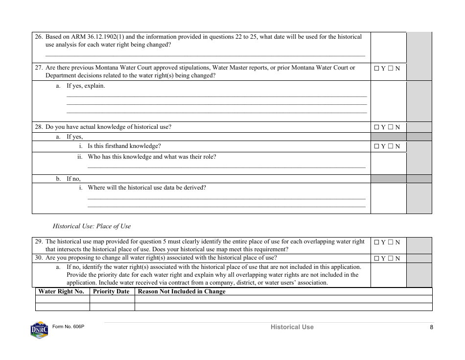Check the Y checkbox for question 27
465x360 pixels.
(377, 69)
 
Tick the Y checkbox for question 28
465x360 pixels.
(377, 127)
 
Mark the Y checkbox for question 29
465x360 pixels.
(377, 242)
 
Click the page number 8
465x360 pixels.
(431, 327)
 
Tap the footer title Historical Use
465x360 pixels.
(292, 327)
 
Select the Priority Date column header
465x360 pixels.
(111, 291)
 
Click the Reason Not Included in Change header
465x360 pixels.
(182, 291)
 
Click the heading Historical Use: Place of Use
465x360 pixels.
(92, 226)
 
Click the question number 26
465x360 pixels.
(39, 37)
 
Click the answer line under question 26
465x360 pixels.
(205, 55)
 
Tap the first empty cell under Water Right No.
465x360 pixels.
(63, 299)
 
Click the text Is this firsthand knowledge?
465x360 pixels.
(124, 146)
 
